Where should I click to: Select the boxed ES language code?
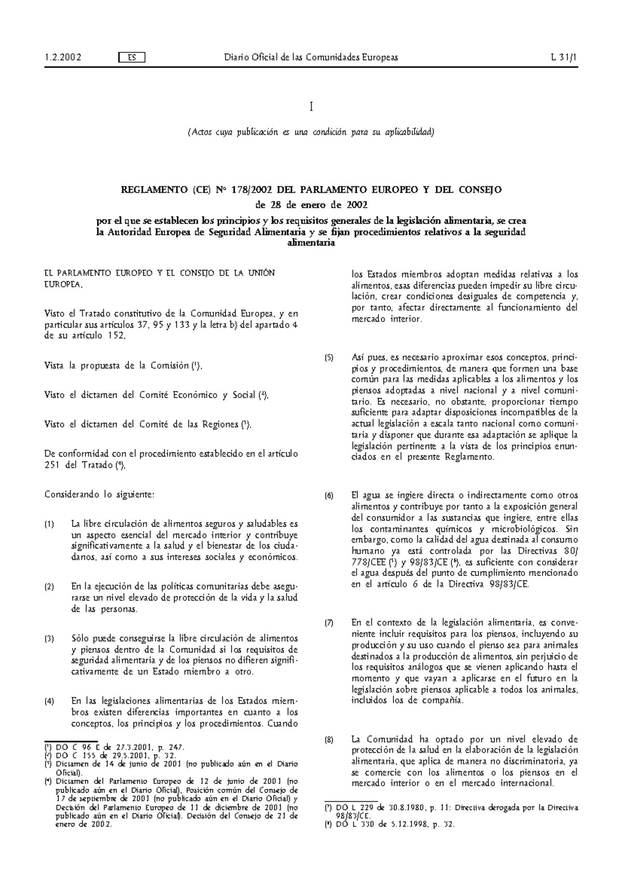point(132,58)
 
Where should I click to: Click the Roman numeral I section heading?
point(311,107)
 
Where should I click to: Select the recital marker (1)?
point(49,525)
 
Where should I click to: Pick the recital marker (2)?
point(49,587)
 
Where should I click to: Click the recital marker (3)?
point(49,639)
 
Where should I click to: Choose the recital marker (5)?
point(329,358)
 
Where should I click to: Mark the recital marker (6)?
point(329,496)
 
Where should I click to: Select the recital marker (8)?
point(329,739)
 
